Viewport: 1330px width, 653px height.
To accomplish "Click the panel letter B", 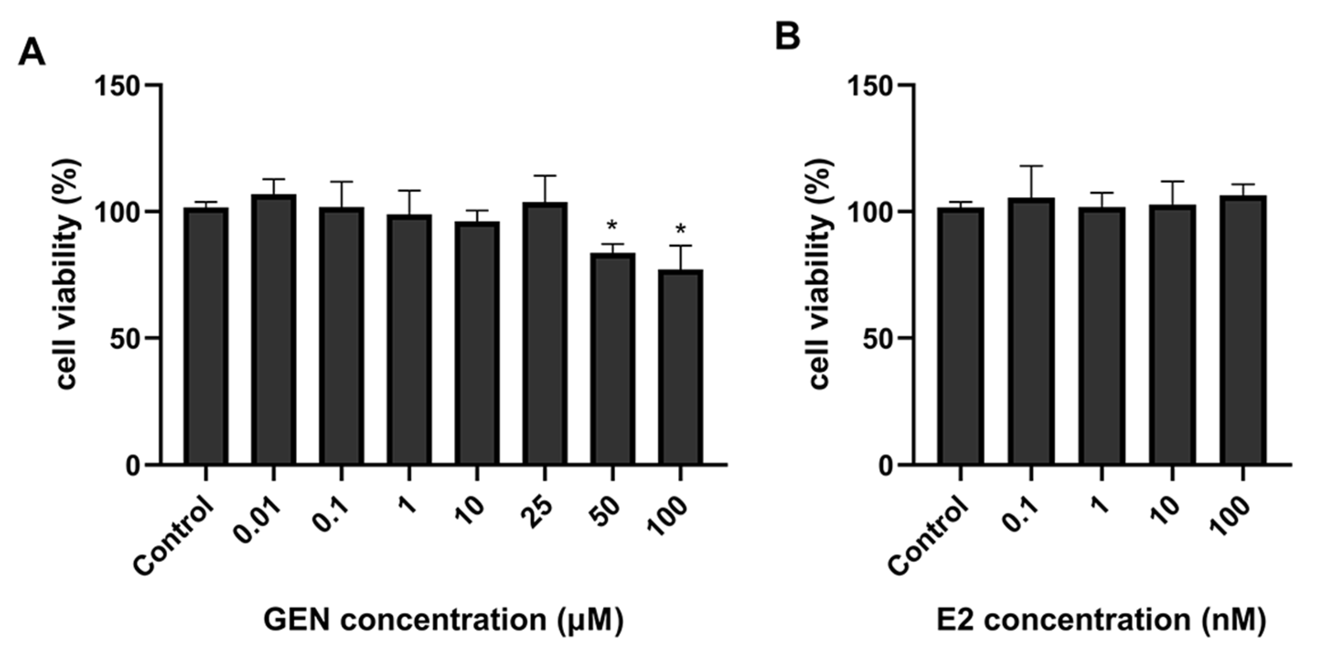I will (788, 36).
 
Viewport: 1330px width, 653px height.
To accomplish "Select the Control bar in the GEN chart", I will (206, 336).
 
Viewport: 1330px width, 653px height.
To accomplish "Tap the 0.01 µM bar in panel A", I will (274, 331).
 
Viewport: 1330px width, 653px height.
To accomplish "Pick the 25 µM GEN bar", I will (545, 333).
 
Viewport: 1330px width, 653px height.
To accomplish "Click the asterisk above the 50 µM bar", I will (612, 226).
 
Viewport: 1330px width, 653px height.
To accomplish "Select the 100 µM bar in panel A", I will (680, 367).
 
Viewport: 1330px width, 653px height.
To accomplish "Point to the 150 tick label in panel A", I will (118, 86).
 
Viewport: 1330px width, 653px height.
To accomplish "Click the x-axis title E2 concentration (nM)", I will (1101, 620).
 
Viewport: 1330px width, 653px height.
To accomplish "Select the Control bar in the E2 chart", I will (960, 336).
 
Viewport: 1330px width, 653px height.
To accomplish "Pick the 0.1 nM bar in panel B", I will (1031, 331).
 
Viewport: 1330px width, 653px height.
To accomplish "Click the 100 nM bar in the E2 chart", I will (1243, 331).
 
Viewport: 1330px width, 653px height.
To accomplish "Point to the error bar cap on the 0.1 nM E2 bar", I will (1031, 166).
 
